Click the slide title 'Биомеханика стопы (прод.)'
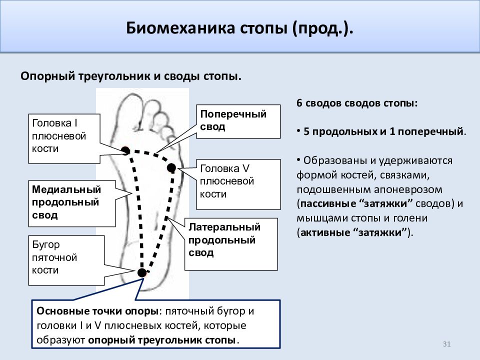tap(239, 28)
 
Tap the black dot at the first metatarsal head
tap(125, 150)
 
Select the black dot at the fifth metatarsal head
tap(171, 168)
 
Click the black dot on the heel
tap(141, 272)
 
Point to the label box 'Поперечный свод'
tap(238, 121)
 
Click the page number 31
tap(446, 344)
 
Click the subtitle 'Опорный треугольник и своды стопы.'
tap(131, 76)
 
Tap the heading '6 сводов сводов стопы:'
tap(357, 103)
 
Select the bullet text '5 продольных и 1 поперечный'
tap(383, 131)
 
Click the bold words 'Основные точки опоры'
tap(97, 311)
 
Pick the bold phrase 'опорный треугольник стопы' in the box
tap(162, 340)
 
